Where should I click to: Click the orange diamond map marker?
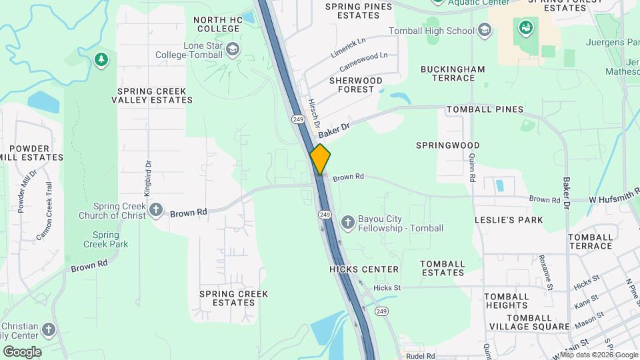tap(320, 159)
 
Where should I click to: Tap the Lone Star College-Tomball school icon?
tap(232, 49)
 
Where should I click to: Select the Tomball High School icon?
tap(485, 29)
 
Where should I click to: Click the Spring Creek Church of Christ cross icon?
tap(155, 210)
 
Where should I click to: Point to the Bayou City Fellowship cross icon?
tap(347, 222)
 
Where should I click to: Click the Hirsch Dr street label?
tap(315, 114)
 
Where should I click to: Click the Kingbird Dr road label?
tap(148, 177)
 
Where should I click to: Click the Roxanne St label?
tap(546, 272)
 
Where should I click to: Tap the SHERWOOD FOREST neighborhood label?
tap(356, 85)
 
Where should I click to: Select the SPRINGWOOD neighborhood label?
tap(448, 145)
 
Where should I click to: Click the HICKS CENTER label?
tap(364, 269)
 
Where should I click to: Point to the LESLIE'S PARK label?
tap(509, 219)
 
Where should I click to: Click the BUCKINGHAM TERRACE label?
tap(453, 73)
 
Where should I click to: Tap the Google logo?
tap(22, 351)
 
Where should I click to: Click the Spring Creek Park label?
tap(105, 239)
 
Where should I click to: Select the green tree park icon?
tap(101, 60)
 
